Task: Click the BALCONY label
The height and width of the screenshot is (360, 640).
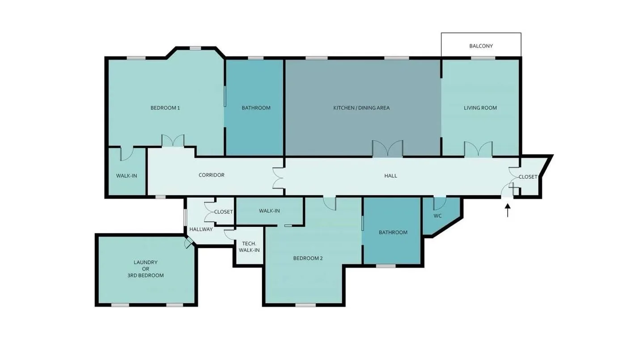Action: [x=481, y=46]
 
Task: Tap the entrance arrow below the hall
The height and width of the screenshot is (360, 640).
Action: [x=508, y=210]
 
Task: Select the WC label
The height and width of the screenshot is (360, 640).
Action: [x=437, y=216]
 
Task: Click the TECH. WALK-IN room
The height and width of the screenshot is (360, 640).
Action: [x=249, y=246]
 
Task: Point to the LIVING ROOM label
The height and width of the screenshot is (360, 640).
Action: [x=480, y=108]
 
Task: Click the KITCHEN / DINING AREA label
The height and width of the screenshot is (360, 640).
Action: [x=361, y=108]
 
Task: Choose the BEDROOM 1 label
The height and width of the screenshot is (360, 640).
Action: [x=165, y=108]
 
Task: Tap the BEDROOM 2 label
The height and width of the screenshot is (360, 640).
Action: [x=308, y=258]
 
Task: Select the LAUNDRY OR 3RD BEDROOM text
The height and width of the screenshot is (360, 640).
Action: [x=145, y=269]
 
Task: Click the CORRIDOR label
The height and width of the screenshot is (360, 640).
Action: [x=212, y=175]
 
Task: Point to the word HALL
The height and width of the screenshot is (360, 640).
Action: [x=390, y=176]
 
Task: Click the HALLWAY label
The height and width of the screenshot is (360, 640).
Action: [x=201, y=229]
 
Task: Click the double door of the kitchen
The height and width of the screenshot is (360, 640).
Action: [x=387, y=148]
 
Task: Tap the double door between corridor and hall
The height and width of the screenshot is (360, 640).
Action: [x=278, y=178]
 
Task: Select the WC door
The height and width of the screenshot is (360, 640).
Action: [x=440, y=203]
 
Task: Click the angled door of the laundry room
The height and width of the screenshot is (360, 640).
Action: [x=189, y=243]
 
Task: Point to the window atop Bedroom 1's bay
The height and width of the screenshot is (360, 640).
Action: [x=195, y=48]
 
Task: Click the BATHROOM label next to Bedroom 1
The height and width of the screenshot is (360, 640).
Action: [x=256, y=108]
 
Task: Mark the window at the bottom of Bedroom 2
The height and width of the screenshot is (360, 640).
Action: [x=305, y=305]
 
